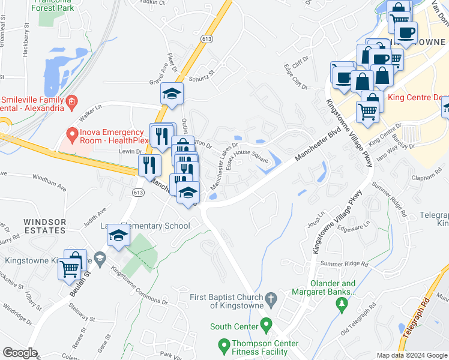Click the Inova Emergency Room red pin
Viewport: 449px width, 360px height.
click(x=72, y=133)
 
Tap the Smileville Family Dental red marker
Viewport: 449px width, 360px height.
click(x=71, y=100)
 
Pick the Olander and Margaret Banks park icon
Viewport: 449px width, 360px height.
click(x=342, y=306)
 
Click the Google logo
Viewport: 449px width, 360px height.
click(x=20, y=353)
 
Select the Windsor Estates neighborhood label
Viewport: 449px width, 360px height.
click(x=44, y=226)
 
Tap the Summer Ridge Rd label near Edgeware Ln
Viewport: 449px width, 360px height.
click(x=344, y=263)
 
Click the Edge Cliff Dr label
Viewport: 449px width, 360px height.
click(x=295, y=77)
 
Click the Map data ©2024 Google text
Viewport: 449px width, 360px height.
click(x=411, y=355)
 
